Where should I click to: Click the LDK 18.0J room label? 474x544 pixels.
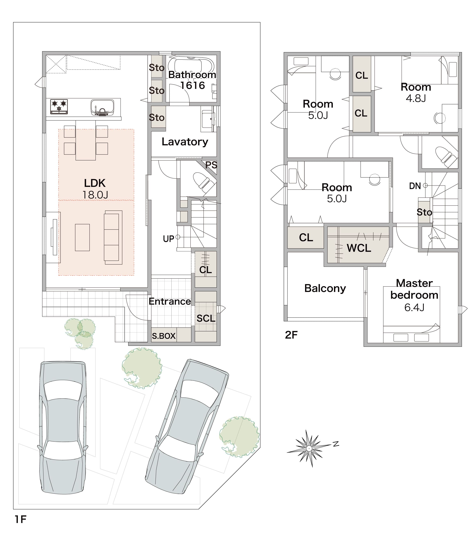(95, 189)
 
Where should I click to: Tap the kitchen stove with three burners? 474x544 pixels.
(59, 107)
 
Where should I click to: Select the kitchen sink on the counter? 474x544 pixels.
(102, 107)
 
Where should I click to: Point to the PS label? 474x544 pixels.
(211, 165)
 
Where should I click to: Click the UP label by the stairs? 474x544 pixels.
(169, 239)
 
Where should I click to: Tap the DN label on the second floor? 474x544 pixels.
(415, 186)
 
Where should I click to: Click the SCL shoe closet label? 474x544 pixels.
(206, 318)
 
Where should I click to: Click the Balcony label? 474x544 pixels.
(325, 288)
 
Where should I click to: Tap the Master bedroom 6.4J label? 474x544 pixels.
(414, 295)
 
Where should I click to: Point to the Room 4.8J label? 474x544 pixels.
(416, 92)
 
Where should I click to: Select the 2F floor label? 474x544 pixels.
(291, 335)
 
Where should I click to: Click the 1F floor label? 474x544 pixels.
(21, 519)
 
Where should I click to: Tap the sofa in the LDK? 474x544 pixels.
(113, 237)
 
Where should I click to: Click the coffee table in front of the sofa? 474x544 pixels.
(82, 237)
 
